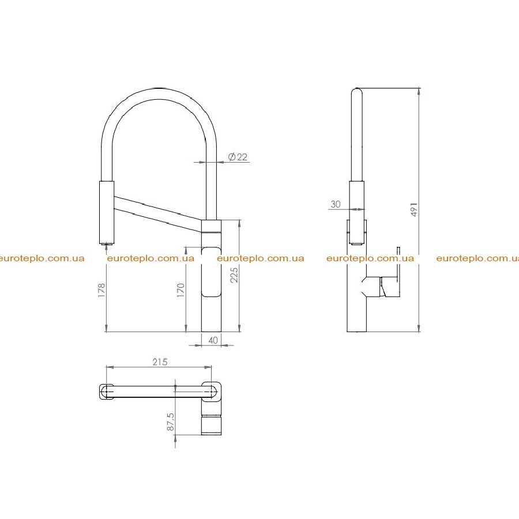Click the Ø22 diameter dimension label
tap(238, 156)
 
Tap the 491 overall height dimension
tap(414, 209)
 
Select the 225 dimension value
tap(234, 274)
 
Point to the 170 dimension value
tap(180, 290)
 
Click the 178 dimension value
tap(101, 289)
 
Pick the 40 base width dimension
tap(213, 340)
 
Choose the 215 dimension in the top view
tap(160, 362)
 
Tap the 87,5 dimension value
tap(170, 422)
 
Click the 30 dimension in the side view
tap(335, 204)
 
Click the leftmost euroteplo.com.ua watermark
tap(42, 258)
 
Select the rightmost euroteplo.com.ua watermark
tap(477, 258)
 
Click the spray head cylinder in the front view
tap(107, 212)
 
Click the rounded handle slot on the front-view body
tap(211, 272)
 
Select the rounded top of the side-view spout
tap(356, 91)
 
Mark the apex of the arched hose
tap(159, 89)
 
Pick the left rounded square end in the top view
tap(107, 392)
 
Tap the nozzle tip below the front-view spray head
tap(107, 245)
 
